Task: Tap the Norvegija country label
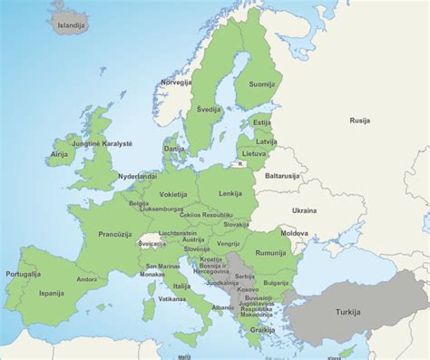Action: [177, 83]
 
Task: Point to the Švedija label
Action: [211, 109]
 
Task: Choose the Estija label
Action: [262, 122]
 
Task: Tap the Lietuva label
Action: [266, 154]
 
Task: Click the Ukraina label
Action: [304, 210]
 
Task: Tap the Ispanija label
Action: [52, 294]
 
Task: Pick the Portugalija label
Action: [23, 273]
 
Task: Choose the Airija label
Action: [60, 155]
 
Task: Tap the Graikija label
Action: [263, 330]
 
